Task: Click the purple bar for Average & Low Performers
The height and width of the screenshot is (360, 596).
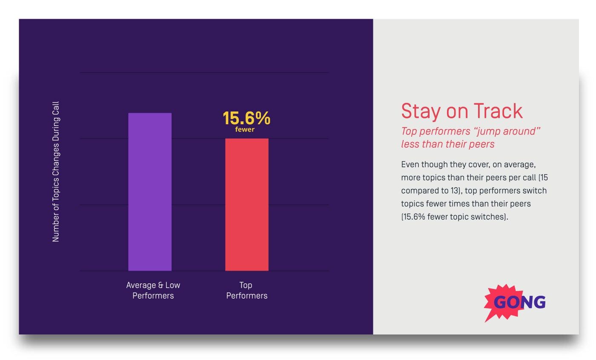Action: [x=150, y=191]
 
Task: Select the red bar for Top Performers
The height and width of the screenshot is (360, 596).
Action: [x=247, y=204]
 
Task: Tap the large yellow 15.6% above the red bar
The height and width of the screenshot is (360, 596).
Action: [x=246, y=118]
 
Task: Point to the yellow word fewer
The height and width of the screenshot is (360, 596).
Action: [x=245, y=129]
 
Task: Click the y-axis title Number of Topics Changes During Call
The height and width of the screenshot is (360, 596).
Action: [x=56, y=172]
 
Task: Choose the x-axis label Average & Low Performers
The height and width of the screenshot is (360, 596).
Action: [x=153, y=290]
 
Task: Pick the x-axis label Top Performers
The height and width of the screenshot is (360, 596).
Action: [x=247, y=290]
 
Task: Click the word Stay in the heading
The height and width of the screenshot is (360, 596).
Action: [x=421, y=111]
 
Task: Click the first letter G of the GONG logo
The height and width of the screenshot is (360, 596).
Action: [x=501, y=302]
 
